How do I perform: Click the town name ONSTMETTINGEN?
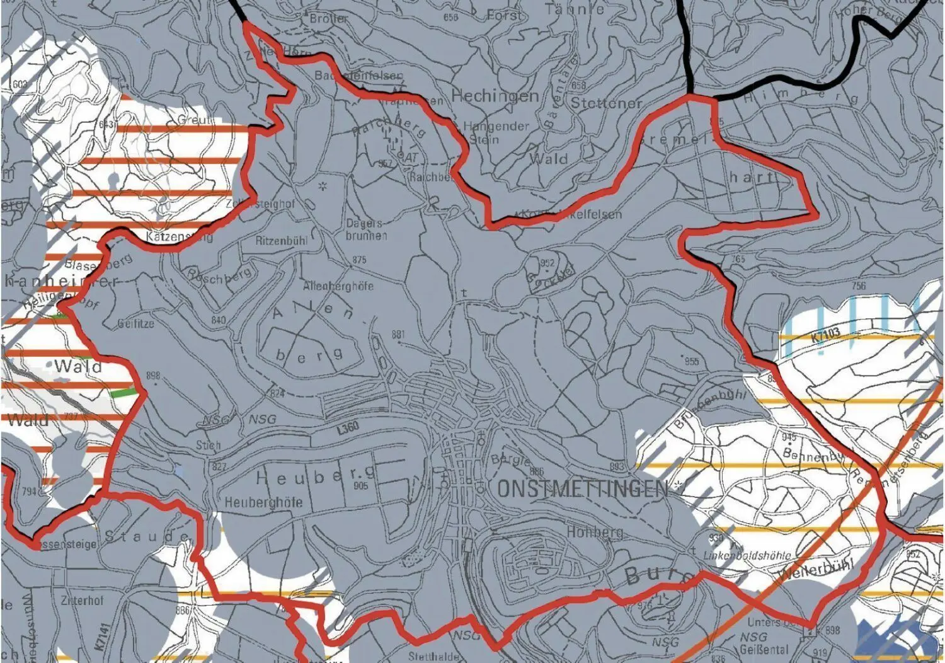pos(582,489)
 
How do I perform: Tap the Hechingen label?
pos(495,96)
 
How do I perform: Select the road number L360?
pos(347,427)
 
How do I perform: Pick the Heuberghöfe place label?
pos(264,503)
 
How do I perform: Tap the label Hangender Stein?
pos(496,132)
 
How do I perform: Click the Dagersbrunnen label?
pos(366,229)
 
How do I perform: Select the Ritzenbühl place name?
pos(281,241)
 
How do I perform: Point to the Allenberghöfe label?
pos(338,286)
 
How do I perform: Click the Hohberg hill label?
pos(595,532)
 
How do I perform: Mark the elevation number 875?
pos(359,260)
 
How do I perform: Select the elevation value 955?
pos(692,361)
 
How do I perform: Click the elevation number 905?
pos(361,486)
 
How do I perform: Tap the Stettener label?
pos(606,103)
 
